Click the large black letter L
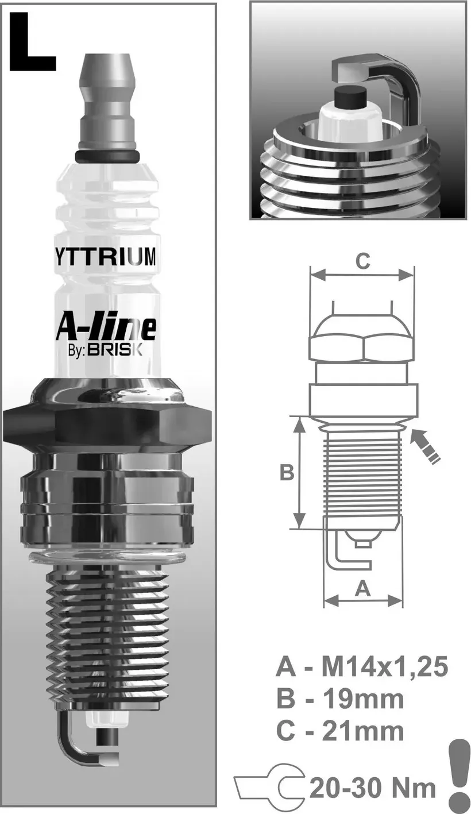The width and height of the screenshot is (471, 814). coord(32,43)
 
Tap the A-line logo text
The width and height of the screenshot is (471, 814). coord(106,326)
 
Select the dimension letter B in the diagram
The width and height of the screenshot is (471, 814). coord(287,473)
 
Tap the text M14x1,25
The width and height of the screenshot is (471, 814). coord(384,668)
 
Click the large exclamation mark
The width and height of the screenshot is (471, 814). coord(458,776)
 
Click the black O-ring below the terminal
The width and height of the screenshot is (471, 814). coord(107,156)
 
